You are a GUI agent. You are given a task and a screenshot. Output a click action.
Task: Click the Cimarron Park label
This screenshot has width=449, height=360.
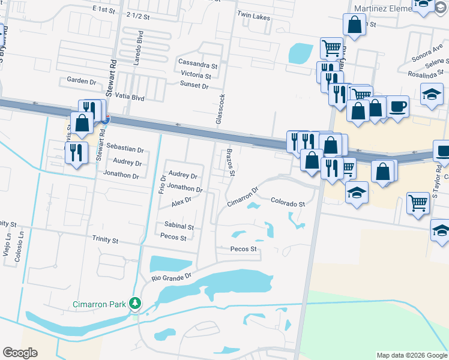click(x=100, y=304)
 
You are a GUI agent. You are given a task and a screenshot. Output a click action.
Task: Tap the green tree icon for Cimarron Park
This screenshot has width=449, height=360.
click(x=137, y=303)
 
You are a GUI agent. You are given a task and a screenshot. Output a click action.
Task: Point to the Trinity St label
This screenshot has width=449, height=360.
click(x=106, y=239)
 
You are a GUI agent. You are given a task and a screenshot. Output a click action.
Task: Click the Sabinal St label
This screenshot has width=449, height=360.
click(x=179, y=227)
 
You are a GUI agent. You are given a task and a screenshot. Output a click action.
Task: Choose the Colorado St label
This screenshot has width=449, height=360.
click(x=288, y=203)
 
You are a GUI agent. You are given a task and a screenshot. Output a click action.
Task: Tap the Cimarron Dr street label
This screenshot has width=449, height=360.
click(x=243, y=197)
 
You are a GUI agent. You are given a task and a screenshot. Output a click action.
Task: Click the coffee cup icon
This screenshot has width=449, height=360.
click(x=397, y=107)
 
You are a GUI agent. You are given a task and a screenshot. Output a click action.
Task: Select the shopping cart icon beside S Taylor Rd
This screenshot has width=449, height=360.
click(x=418, y=202)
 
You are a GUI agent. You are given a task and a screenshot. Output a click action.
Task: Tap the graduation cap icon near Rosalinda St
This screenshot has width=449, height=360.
click(x=431, y=94)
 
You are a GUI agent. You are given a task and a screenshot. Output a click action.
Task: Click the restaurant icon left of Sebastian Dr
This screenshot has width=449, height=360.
click(x=76, y=152)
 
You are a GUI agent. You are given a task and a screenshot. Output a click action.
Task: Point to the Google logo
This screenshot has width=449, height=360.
click(x=20, y=353)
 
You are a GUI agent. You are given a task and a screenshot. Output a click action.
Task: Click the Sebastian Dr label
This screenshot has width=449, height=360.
click(x=125, y=150)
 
